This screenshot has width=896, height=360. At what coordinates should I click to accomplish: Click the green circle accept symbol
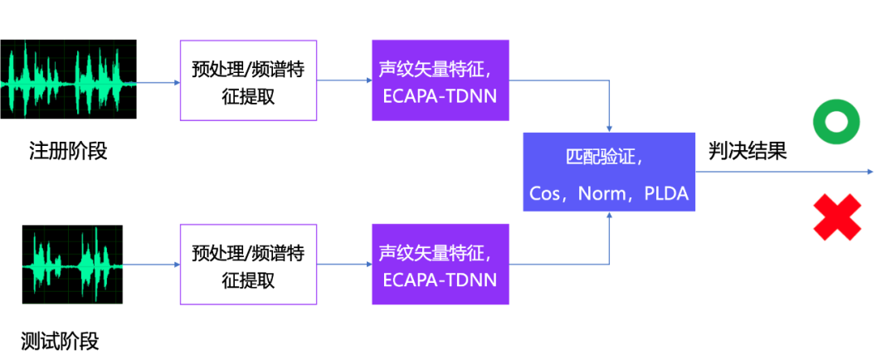point(835,123)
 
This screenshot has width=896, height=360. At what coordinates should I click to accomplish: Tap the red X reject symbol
point(836,217)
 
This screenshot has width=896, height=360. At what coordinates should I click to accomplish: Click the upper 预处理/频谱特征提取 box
point(248,80)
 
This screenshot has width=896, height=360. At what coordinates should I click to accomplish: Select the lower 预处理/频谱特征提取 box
point(248,265)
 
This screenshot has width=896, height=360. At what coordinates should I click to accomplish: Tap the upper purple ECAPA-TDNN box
point(440,80)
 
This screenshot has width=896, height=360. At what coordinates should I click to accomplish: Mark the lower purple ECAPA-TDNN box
point(440,265)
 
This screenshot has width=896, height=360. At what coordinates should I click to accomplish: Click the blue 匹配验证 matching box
point(609,172)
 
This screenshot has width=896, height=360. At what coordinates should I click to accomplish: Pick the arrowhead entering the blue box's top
point(610,128)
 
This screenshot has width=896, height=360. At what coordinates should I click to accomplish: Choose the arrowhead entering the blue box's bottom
point(610,216)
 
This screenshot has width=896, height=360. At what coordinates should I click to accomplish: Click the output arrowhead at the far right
point(870,172)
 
